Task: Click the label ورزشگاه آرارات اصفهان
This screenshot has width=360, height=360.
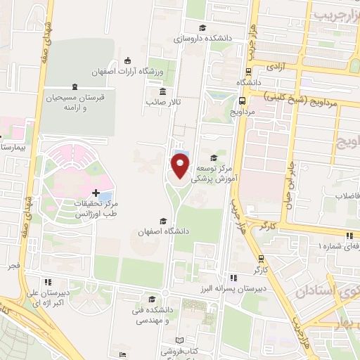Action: pyautogui.click(x=128, y=72)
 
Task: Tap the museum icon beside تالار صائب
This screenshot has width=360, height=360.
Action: pyautogui.click(x=162, y=91)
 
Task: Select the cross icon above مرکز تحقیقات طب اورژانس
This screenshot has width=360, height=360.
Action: pyautogui.click(x=96, y=192)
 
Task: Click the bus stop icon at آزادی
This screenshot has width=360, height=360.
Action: pyautogui.click(x=250, y=71)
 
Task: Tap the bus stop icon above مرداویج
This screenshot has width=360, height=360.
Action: pyautogui.click(x=243, y=99)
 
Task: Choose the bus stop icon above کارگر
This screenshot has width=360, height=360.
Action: pyautogui.click(x=261, y=258)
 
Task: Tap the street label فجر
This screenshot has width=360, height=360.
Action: pyautogui.click(x=13, y=267)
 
